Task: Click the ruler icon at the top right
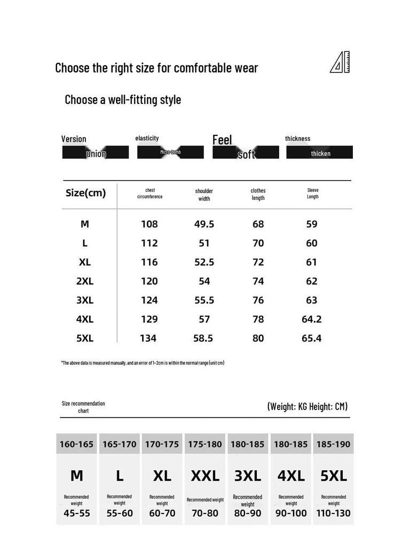click(x=340, y=63)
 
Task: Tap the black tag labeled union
click(x=96, y=153)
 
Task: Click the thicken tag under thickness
click(x=320, y=153)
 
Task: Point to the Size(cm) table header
click(x=85, y=193)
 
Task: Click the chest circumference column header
click(x=149, y=194)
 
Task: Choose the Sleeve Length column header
click(x=312, y=194)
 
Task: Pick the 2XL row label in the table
click(x=85, y=281)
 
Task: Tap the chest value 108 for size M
click(x=149, y=224)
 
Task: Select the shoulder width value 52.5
click(x=204, y=262)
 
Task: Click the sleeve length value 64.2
click(x=312, y=319)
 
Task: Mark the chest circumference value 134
click(x=148, y=338)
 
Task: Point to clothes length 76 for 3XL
click(x=258, y=300)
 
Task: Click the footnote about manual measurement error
click(x=143, y=363)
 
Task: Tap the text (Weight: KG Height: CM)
click(x=307, y=406)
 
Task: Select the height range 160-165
click(x=76, y=444)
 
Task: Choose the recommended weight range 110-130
click(x=333, y=513)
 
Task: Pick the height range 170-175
click(x=162, y=444)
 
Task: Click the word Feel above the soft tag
click(x=222, y=140)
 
